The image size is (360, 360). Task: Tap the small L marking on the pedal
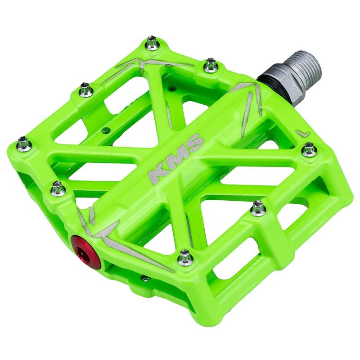coord(304,133)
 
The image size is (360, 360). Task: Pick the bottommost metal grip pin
coord(185,258)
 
